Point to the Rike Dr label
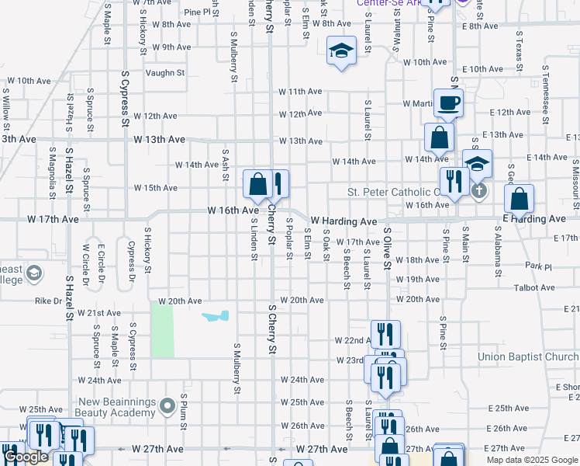click(47, 301)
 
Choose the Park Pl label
click(537, 266)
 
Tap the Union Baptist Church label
click(528, 357)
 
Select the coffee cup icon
click(448, 103)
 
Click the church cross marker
click(479, 190)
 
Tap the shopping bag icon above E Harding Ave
click(519, 200)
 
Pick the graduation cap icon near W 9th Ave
click(340, 51)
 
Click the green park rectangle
click(162, 330)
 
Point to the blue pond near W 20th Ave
click(216, 316)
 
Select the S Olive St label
click(386, 249)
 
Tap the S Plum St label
click(185, 405)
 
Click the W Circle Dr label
click(85, 263)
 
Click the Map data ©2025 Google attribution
click(531, 460)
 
